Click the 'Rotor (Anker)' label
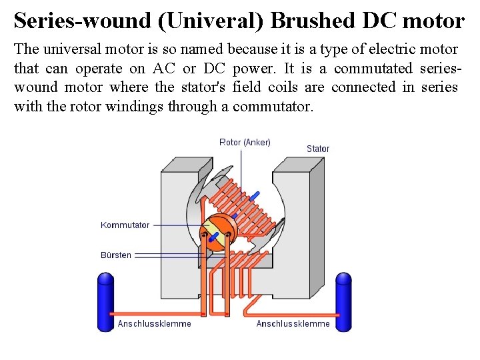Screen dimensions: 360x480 (245, 142)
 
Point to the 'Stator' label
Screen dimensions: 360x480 (318, 149)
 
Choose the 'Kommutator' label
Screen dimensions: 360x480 (125, 225)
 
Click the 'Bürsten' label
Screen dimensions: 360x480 (116, 255)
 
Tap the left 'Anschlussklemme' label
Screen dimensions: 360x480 (154, 324)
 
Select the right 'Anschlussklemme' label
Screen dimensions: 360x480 (293, 324)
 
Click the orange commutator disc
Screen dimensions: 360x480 (217, 235)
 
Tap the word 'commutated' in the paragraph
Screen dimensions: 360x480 (374, 69)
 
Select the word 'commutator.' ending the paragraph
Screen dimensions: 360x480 (272, 106)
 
